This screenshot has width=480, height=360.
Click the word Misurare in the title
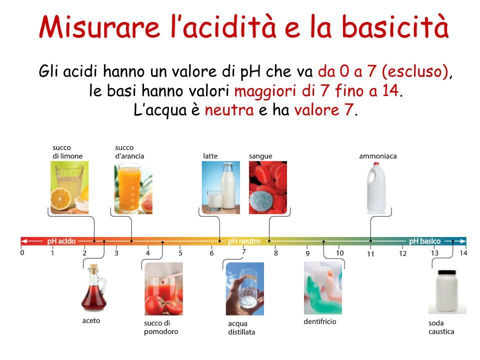pos(100,27)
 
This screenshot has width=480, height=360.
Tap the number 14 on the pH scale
pos(463,253)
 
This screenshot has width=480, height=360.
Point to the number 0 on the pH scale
pos(22,252)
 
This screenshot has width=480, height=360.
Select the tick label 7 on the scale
pos(243,251)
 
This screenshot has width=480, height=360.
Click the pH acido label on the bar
pos(61,241)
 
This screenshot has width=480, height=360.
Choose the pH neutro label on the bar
pos(244,241)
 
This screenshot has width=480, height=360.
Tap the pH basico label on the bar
pos(424,241)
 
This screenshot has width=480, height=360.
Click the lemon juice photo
pos(69,187)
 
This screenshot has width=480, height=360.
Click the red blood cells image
pos(268,187)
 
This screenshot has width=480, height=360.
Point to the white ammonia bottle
pos(376,188)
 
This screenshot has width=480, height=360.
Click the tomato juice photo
pos(164,288)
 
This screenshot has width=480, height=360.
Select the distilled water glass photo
pos(245,288)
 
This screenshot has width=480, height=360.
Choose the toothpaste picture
pos(323,288)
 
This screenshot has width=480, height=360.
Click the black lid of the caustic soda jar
pos(447,272)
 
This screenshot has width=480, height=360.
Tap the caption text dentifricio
pos(320,321)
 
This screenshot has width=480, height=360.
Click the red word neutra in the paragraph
pos(229,110)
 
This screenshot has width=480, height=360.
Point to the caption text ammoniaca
pos(378,156)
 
